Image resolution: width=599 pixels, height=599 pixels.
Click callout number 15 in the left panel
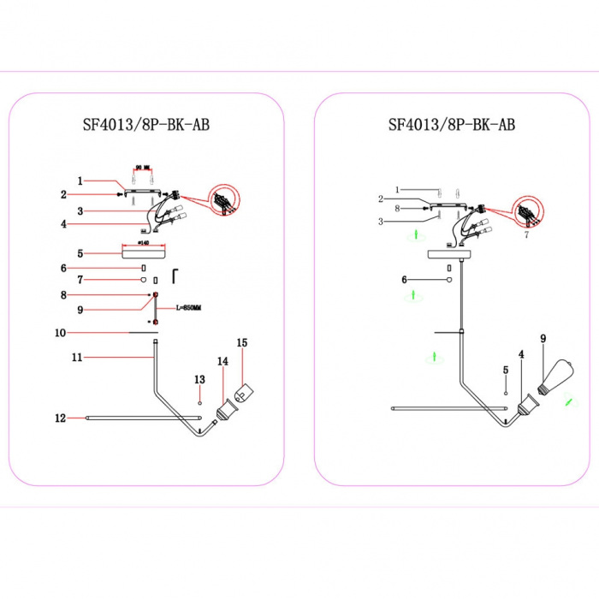tap(241, 342)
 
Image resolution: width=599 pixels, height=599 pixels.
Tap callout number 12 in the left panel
tap(60, 418)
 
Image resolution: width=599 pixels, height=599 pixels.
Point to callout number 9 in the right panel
tap(542, 338)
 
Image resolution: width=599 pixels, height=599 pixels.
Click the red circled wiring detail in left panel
tap(224, 203)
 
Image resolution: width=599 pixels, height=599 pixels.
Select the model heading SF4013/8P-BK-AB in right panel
tap(452, 124)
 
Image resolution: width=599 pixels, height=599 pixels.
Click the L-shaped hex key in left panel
tap(175, 274)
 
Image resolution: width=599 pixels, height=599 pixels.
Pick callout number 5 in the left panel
tap(80, 253)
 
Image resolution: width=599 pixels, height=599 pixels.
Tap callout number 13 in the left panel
tap(199, 378)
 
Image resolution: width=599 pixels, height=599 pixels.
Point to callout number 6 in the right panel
tap(403, 280)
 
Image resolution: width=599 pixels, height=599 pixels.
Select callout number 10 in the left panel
tap(61, 331)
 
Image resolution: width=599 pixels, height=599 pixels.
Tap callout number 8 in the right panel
tap(398, 208)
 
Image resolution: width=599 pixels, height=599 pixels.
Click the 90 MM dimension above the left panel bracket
tap(143, 168)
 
